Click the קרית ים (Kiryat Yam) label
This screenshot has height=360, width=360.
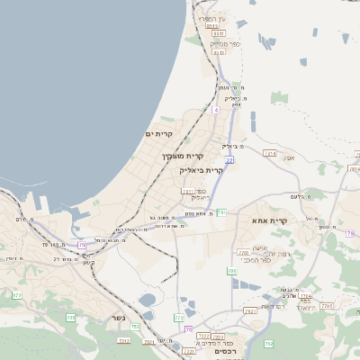pyautogui.click(x=158, y=134)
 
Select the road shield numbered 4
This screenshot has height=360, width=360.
pyautogui.click(x=216, y=110)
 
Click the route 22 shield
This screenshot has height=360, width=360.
pyautogui.click(x=229, y=160)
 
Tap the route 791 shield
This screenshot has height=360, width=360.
pyautogui.click(x=220, y=212)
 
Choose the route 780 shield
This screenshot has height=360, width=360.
pyautogui.click(x=243, y=254)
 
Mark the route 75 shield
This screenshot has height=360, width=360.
pyautogui.click(x=83, y=244)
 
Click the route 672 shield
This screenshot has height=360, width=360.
pyautogui.click(x=16, y=294)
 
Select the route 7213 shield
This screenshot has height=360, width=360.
pyautogui.click(x=123, y=341)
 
